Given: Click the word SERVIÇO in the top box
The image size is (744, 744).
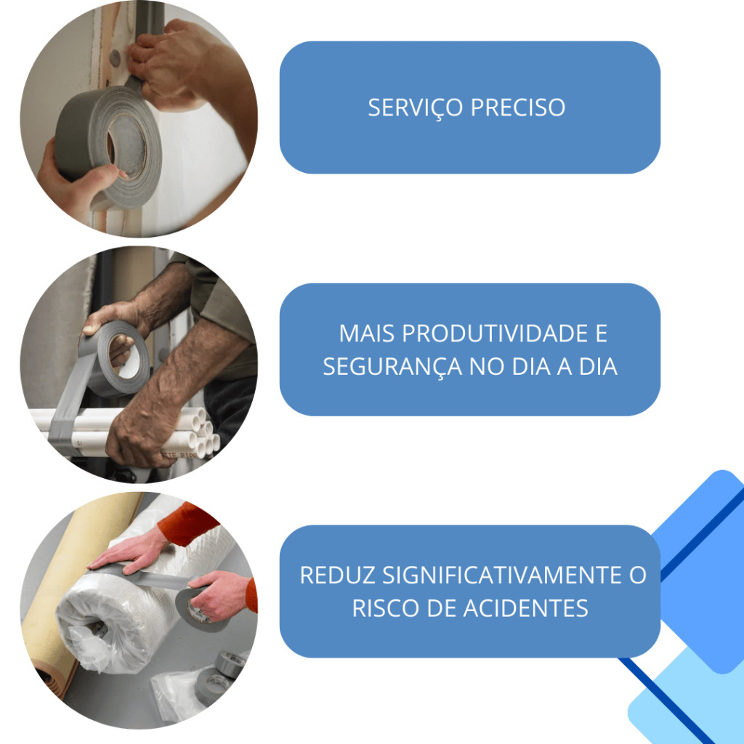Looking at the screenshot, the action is pos(415,108).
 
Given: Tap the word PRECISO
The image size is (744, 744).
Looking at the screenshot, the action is pos(517,108).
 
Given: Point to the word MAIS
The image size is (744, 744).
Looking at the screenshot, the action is pos(367,333).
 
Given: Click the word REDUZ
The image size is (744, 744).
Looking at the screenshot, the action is pos(337,575).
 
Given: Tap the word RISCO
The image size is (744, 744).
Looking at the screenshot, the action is pos(386,608).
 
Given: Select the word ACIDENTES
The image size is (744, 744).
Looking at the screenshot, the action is pos(525,608).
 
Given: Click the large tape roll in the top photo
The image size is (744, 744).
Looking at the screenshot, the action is pos(109,142).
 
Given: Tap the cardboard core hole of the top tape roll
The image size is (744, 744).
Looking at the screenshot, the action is pos(126,145).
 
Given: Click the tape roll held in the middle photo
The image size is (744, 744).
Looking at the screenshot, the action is pos(116,358).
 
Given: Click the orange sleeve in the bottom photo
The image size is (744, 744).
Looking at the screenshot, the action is pos(187,525).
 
